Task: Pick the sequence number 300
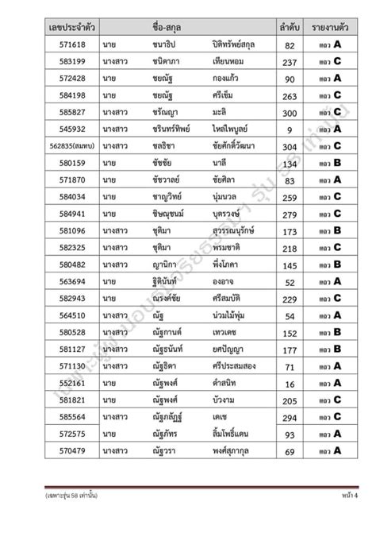290,113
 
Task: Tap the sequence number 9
290,129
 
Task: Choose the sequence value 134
290,164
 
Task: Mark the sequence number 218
290,248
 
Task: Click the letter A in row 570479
336,451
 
